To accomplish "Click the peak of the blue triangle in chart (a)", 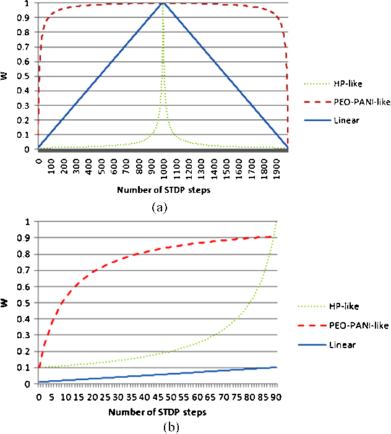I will [x=163, y=3].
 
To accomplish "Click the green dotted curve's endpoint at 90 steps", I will [x=276, y=221].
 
